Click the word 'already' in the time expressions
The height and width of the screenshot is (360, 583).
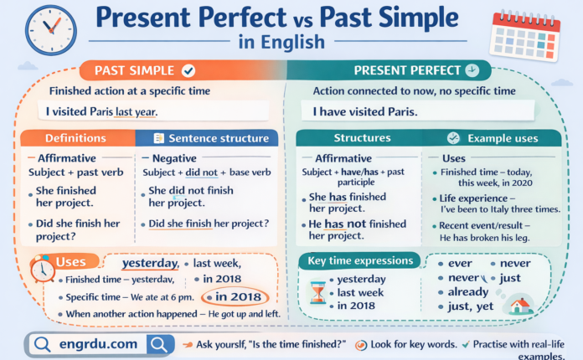point(467,291)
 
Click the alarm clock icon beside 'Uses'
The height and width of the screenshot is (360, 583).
point(39,270)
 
